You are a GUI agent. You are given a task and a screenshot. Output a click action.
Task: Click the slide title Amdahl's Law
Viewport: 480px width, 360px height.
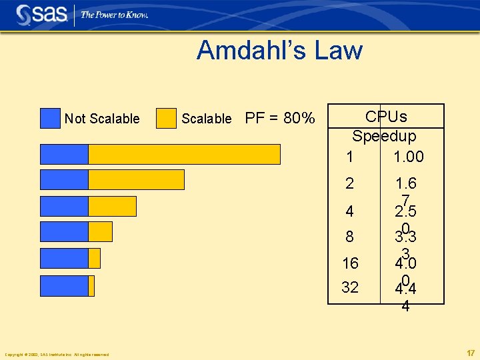coord(279,51)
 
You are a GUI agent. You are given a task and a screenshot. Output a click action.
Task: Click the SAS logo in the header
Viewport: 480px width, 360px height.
coord(41,14)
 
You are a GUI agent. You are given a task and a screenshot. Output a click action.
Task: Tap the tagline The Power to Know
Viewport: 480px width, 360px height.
coord(114,15)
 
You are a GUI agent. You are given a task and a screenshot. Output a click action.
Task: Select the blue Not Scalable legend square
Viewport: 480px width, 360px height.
coord(50,118)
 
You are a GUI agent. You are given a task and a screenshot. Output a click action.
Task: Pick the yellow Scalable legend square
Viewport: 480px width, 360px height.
coord(166,118)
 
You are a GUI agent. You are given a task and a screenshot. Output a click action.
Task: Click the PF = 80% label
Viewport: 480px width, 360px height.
coord(280,119)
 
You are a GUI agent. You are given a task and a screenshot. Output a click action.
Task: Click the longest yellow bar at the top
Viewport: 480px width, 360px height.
coord(184,154)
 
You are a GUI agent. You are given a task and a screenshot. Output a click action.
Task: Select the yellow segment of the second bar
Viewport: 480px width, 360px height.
coord(136,180)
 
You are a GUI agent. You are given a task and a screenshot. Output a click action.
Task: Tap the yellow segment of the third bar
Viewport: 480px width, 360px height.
coord(112,206)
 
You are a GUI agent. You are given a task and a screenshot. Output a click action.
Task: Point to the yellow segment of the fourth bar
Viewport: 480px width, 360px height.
coord(100,231)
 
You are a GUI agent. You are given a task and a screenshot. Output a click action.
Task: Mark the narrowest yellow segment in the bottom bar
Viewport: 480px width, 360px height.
coord(91,286)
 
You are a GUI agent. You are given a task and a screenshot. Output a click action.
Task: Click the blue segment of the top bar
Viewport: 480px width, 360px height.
coord(64,154)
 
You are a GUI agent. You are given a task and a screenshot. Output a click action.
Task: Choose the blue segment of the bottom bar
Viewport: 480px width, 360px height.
coord(64,286)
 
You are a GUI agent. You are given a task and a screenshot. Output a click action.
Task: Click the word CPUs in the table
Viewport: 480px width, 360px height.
coord(386,117)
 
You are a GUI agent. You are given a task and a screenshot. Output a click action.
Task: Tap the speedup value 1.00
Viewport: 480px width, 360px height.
coord(408,157)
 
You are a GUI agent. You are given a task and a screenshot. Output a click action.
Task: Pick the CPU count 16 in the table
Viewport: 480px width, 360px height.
coord(350,263)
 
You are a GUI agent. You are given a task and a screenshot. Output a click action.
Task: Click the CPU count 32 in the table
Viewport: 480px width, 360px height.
coord(350,287)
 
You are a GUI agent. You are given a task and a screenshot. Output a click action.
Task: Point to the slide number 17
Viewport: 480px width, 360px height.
coord(470,353)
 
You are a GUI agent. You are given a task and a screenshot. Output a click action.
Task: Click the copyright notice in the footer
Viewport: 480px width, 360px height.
coord(57,354)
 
